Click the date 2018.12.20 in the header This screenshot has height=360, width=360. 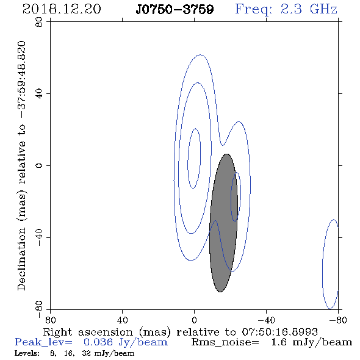click(x=62, y=9)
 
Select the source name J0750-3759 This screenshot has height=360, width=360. click(x=175, y=9)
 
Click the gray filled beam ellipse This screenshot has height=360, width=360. click(x=223, y=223)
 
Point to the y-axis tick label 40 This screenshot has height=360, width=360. click(x=39, y=94)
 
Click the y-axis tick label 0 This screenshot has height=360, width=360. click(x=39, y=165)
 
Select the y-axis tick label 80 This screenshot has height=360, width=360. click(x=39, y=22)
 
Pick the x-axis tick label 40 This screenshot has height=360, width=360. click(x=122, y=320)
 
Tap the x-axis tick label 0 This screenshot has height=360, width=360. click(x=194, y=320)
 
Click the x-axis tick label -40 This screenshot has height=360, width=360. click(x=266, y=320)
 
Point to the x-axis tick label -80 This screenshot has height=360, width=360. click(x=338, y=320)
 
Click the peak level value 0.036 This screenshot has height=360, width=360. click(x=98, y=342)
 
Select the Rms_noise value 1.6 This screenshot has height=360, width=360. click(x=279, y=342)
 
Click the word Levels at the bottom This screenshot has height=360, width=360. click(x=27, y=353)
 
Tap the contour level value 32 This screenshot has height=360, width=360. click(x=86, y=353)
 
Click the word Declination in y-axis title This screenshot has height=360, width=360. click(x=21, y=259)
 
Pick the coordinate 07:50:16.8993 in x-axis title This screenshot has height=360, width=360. click(x=279, y=332)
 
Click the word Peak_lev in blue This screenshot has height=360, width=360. click(x=43, y=342)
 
